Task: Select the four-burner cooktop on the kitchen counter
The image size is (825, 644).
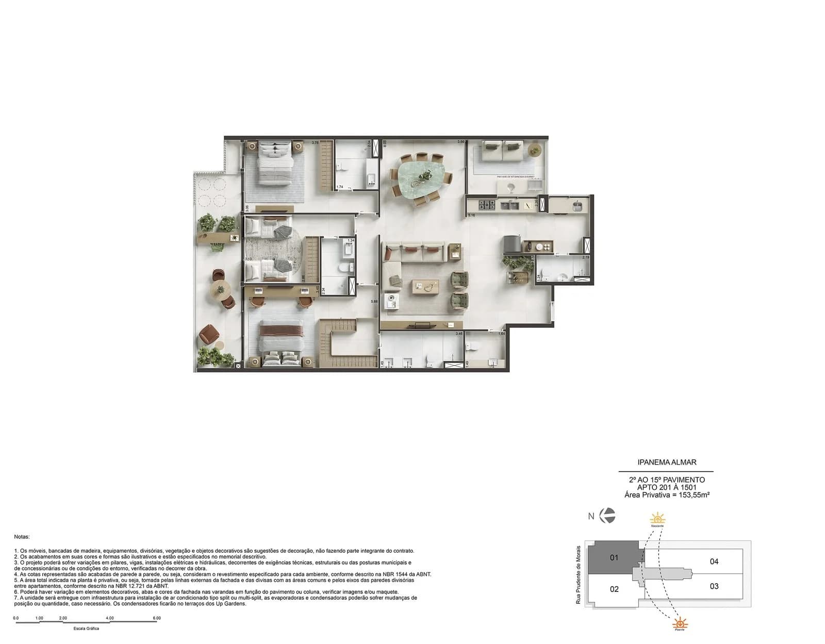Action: tap(487, 205)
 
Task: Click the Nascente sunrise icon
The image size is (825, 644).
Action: tap(657, 519)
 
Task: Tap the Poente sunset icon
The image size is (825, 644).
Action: tap(680, 623)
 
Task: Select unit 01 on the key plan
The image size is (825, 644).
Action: tap(614, 557)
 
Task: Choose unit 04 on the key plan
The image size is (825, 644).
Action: tap(714, 562)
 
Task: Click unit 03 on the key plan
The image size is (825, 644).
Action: tap(714, 586)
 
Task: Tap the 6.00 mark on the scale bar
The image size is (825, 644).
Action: tap(157, 618)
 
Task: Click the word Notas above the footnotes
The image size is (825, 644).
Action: tap(22, 537)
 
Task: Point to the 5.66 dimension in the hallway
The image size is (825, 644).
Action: tap(374, 302)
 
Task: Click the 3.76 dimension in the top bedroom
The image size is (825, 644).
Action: tap(315, 142)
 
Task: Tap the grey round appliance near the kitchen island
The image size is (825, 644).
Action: tap(511, 243)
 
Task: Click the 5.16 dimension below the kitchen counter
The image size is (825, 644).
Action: tap(471, 215)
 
